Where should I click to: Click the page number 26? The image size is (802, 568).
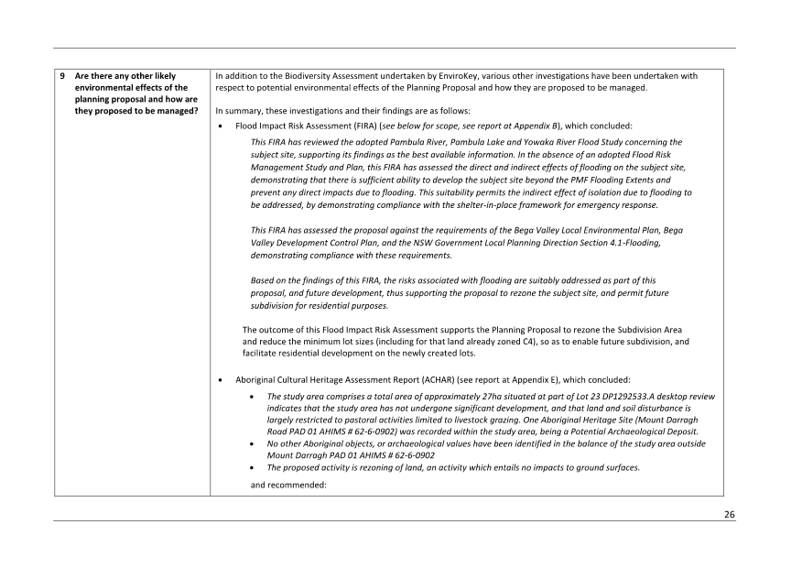(729, 515)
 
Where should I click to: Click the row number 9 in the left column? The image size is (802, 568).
(62, 75)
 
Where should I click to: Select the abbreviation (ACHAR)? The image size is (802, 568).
(441, 378)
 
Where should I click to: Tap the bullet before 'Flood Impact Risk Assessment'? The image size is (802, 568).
(222, 126)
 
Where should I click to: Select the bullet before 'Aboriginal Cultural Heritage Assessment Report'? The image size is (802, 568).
(222, 379)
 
